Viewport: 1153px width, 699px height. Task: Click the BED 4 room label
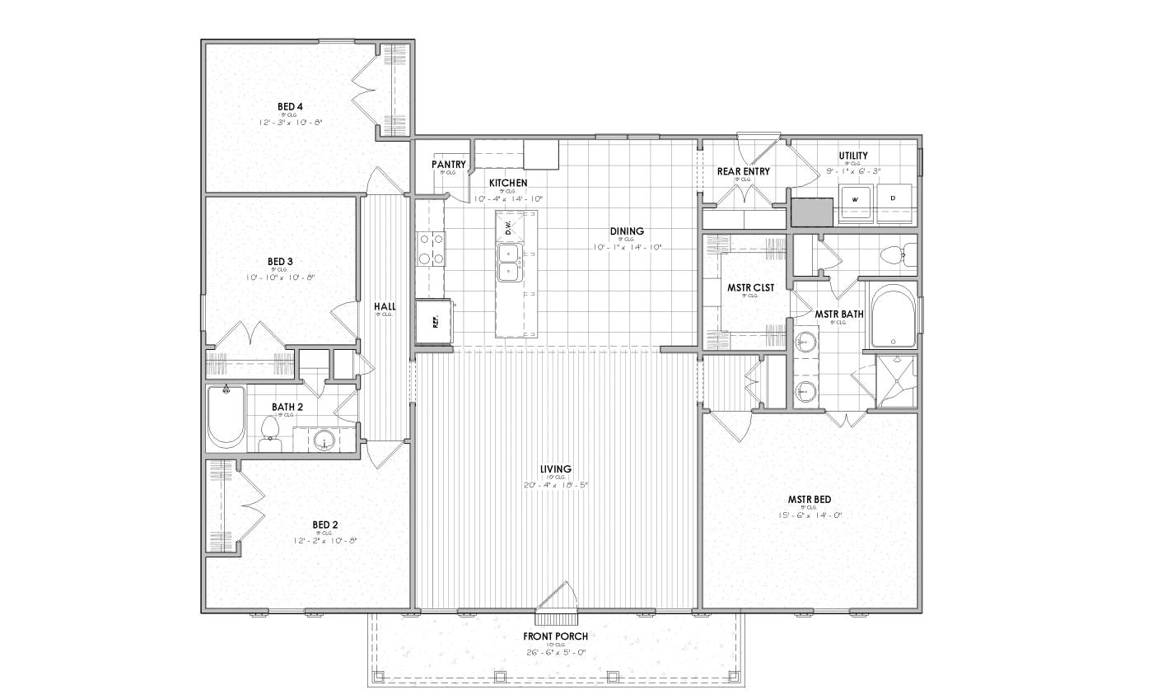pyautogui.click(x=290, y=106)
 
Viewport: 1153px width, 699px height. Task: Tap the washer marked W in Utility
pyautogui.click(x=854, y=199)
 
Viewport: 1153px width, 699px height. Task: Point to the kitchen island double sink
pyautogui.click(x=508, y=263)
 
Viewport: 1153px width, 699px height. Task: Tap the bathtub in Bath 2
pyautogui.click(x=224, y=417)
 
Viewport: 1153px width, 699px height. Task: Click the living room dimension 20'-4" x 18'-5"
pyautogui.click(x=556, y=485)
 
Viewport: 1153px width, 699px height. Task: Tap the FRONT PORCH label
pyautogui.click(x=556, y=636)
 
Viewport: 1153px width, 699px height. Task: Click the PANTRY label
pyautogui.click(x=448, y=165)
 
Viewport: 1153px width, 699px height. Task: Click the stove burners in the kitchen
pyautogui.click(x=430, y=249)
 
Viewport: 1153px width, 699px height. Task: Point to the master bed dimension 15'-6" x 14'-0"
pyautogui.click(x=809, y=515)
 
